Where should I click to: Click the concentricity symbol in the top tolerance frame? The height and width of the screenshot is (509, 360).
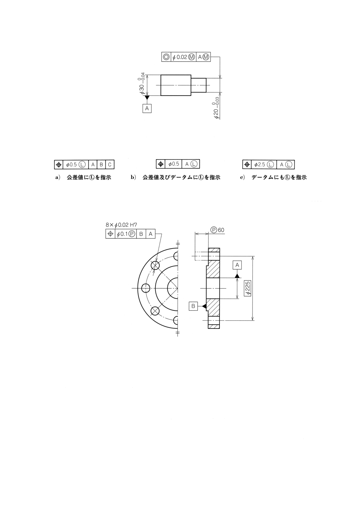(x=166, y=57)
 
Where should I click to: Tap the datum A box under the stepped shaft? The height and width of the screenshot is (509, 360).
(x=147, y=108)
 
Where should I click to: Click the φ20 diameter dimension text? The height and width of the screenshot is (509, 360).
(x=216, y=107)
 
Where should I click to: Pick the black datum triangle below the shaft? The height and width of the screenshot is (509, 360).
(x=147, y=98)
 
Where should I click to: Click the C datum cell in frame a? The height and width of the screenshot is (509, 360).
(x=110, y=165)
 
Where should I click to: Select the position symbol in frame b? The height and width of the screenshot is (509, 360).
(x=161, y=164)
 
